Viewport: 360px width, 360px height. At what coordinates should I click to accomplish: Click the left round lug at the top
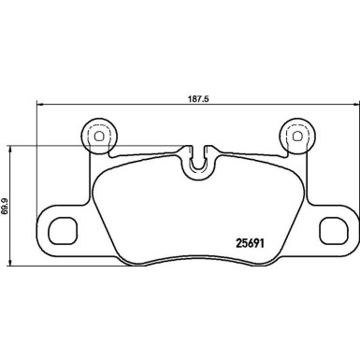(96, 137)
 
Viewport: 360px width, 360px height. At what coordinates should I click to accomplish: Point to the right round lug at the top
(298, 137)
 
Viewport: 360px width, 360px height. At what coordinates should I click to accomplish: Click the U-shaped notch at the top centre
(197, 161)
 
